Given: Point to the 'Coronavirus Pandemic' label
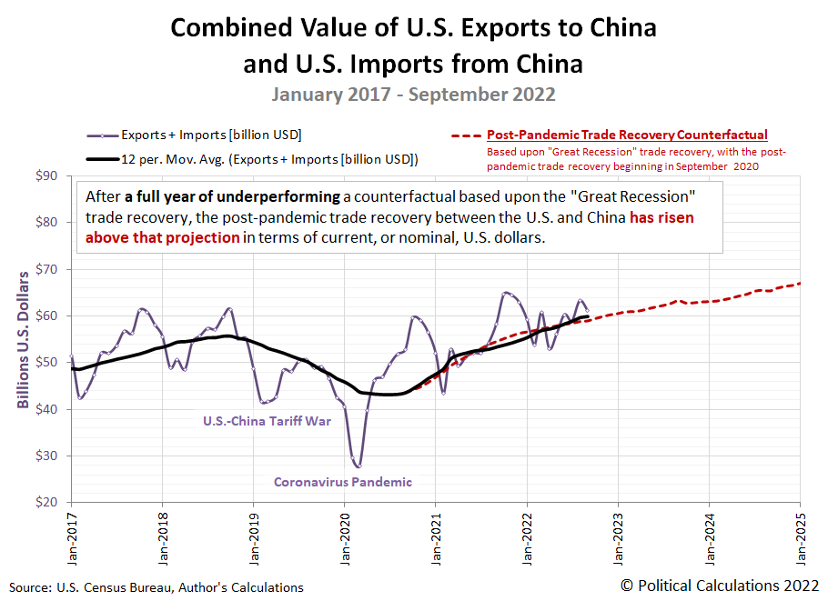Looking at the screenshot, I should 343,482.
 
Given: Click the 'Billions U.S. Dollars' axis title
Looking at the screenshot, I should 23,338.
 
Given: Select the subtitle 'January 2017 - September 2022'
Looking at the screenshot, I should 413,94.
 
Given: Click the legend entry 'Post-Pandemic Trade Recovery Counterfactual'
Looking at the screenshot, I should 627,135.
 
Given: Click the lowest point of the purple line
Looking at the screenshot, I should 358,466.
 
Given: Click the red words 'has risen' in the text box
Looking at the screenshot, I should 661,217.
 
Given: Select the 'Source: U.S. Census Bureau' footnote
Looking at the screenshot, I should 157,587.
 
